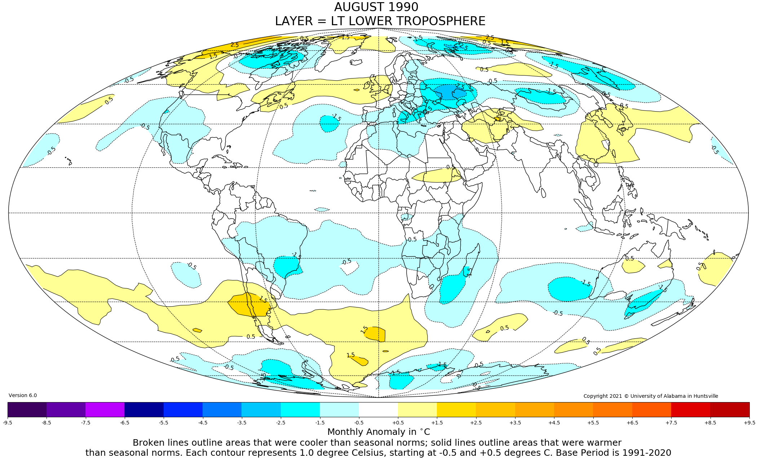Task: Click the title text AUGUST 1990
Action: [376, 7]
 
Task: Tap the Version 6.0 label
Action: [23, 395]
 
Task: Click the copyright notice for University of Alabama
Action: [651, 396]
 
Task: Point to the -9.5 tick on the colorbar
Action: [8, 423]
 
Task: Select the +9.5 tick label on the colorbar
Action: [749, 423]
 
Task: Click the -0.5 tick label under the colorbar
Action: [359, 423]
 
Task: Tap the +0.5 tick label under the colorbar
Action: [398, 423]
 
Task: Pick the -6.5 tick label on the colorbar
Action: [125, 423]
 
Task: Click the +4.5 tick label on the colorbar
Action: [554, 423]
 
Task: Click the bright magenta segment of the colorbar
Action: [105, 409]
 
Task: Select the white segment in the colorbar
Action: [378, 409]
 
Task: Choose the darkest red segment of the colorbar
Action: [730, 409]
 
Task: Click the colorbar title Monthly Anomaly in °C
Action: [378, 432]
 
